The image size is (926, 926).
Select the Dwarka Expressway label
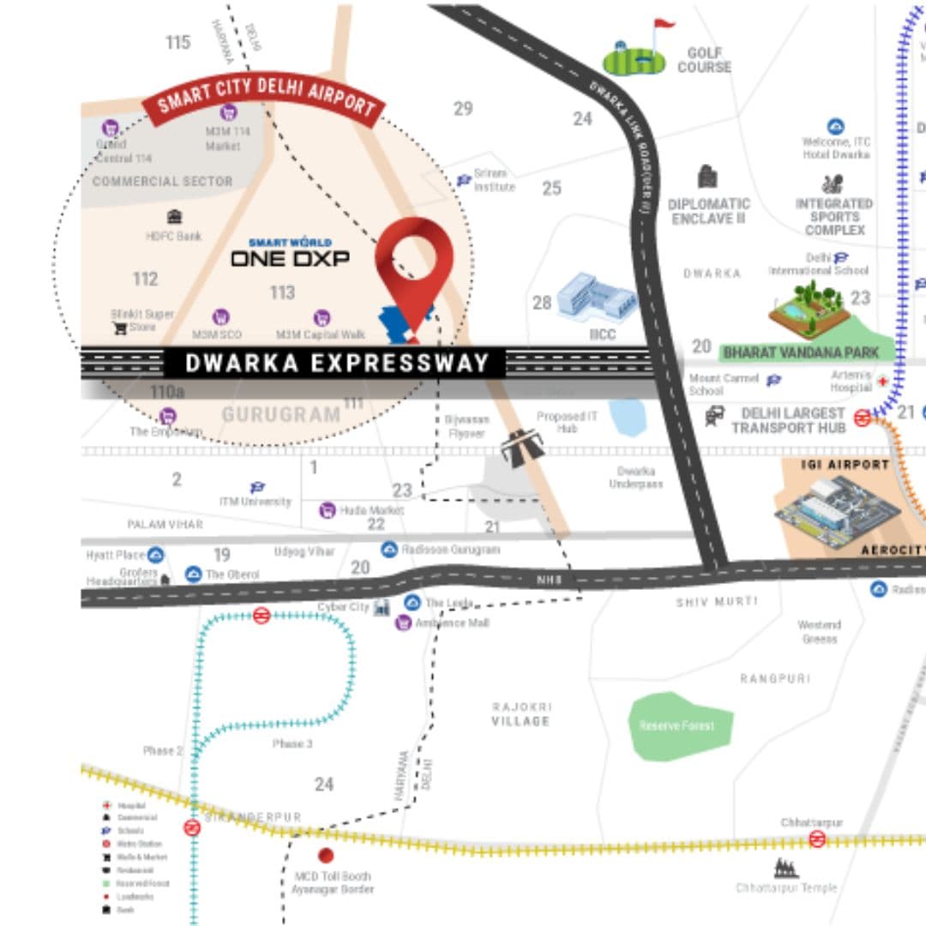[337, 363]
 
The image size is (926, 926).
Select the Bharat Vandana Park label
[801, 352]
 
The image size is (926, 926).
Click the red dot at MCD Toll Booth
[325, 855]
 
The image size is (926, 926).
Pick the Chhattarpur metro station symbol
[817, 839]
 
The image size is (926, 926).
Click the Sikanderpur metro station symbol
[192, 827]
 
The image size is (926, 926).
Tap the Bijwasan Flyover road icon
[521, 448]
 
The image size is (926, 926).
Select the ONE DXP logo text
[290, 257]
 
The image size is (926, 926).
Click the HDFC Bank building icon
[174, 217]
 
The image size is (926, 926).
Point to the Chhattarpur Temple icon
[785, 869]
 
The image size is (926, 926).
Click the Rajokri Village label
[520, 713]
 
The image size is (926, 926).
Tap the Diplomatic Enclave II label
[708, 211]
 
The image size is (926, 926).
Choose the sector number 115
[177, 42]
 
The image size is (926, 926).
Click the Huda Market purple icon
[327, 510]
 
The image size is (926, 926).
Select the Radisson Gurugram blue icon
[389, 549]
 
